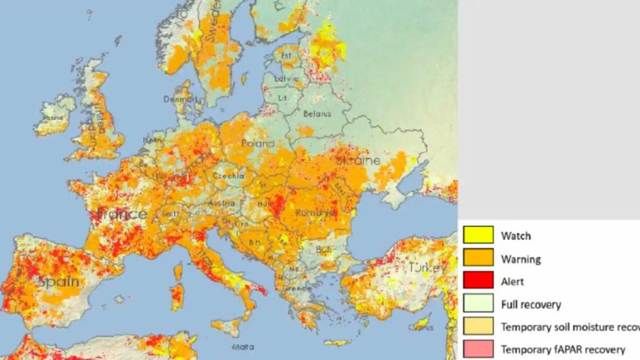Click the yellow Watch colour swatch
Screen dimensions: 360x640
coord(478,236)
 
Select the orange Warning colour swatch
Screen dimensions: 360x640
coord(478,258)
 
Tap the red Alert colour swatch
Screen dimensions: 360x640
coord(478,281)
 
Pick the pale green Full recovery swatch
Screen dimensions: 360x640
coord(478,304)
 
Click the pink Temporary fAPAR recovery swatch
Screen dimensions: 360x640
coord(478,349)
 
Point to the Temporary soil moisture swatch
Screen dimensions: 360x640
coord(478,326)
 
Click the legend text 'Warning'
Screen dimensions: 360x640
coord(521,259)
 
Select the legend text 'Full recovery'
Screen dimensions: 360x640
coord(531,305)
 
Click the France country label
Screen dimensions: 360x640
coord(122,214)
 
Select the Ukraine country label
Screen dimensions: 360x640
coord(357,161)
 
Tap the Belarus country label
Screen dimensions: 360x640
coord(316,114)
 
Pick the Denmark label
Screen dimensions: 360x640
coord(176,99)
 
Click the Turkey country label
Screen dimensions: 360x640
coord(429,267)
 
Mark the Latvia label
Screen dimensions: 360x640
coord(287,79)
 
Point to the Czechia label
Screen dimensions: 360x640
coord(228,176)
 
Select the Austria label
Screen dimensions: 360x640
coord(222,203)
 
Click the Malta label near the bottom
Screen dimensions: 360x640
coord(242,346)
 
